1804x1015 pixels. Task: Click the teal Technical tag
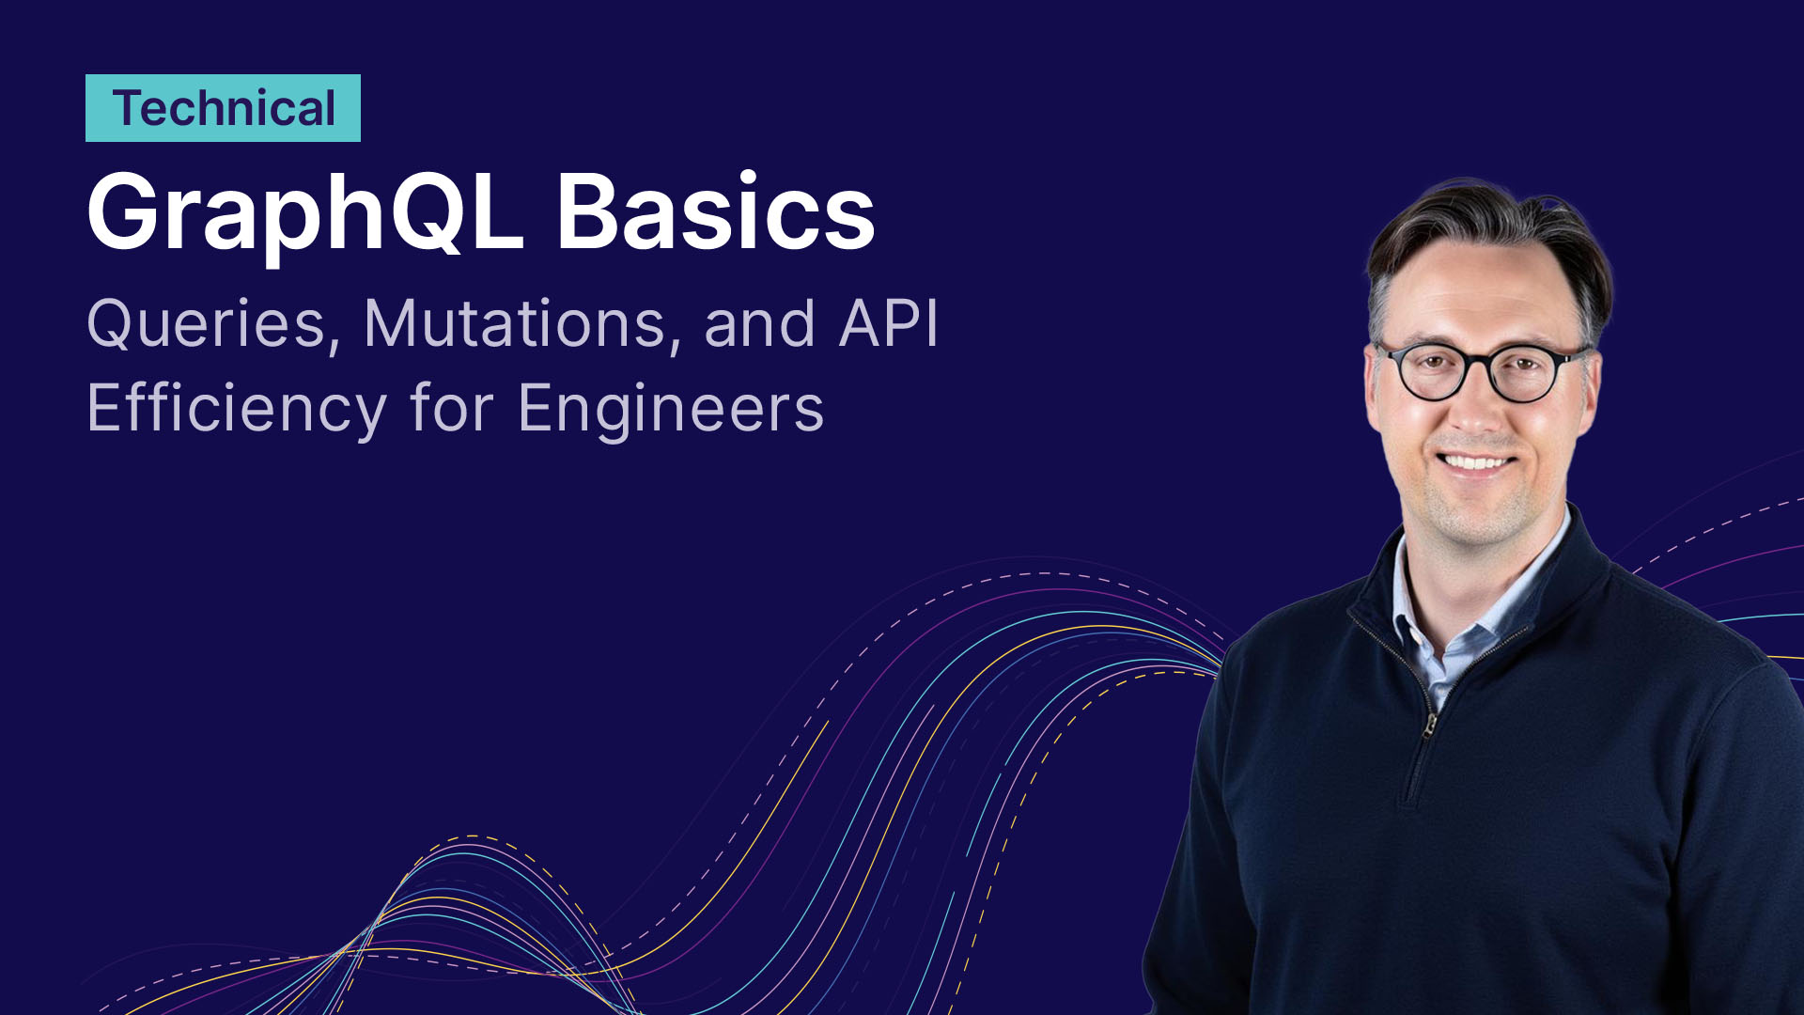[x=223, y=108]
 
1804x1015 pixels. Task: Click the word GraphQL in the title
[x=304, y=215]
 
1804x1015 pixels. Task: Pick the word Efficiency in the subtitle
[x=237, y=411]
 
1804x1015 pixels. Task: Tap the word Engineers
[x=671, y=411]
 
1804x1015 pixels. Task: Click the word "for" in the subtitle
[x=452, y=409]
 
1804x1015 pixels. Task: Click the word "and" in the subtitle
[x=759, y=323]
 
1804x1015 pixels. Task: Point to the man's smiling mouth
[x=1476, y=462]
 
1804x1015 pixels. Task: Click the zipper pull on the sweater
[x=1429, y=725]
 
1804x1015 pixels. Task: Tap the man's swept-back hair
[x=1492, y=235]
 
